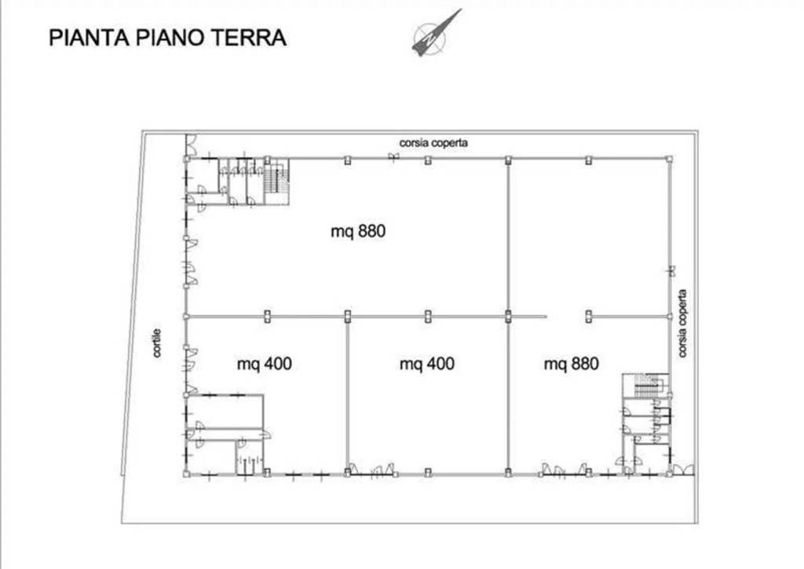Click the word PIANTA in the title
[x=88, y=38]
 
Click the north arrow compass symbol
[x=433, y=34]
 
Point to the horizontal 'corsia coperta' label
[x=433, y=142]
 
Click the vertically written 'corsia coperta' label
[x=682, y=324]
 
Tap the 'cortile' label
[x=157, y=343]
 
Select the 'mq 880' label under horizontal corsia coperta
[x=358, y=231]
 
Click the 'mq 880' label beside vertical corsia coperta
[x=572, y=364]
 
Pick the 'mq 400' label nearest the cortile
[x=264, y=365]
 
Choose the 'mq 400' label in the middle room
[x=426, y=364]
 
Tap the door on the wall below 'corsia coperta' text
[x=393, y=157]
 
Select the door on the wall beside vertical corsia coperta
[x=671, y=270]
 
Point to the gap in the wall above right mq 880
[x=566, y=317]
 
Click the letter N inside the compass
[x=429, y=37]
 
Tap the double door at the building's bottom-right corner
[x=683, y=469]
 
